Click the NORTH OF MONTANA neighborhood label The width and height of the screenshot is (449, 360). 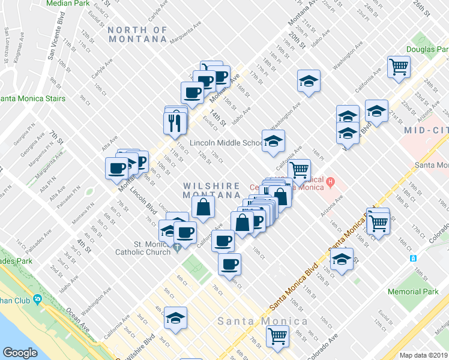(137, 34)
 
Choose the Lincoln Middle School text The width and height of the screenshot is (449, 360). (224, 143)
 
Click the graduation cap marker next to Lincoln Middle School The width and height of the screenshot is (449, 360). (273, 141)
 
